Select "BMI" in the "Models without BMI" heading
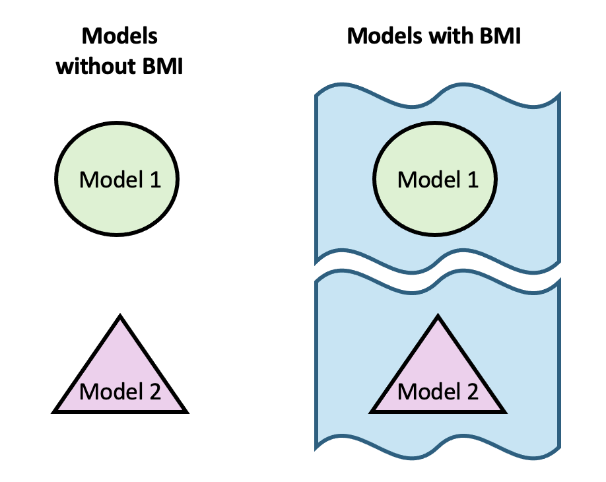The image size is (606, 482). pyautogui.click(x=158, y=67)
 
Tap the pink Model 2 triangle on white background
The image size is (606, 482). pyautogui.click(x=120, y=376)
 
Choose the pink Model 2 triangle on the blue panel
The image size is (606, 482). pyautogui.click(x=437, y=376)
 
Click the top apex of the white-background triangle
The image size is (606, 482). pyautogui.click(x=120, y=318)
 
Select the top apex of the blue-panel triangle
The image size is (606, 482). pyautogui.click(x=437, y=318)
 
